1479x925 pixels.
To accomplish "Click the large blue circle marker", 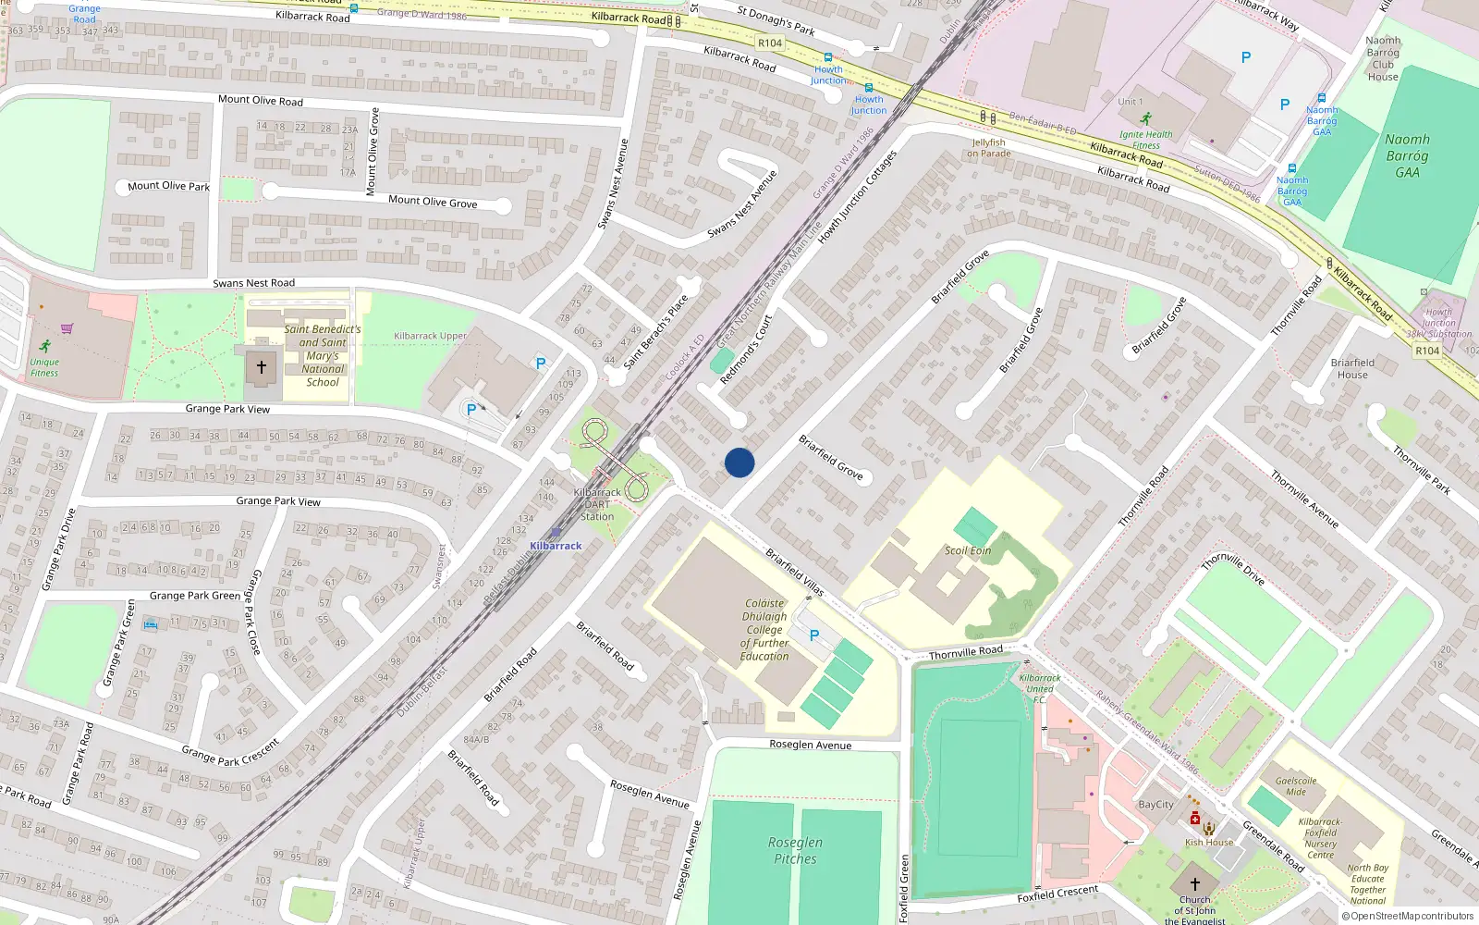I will [x=739, y=462].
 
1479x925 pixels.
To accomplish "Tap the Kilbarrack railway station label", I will [x=556, y=546].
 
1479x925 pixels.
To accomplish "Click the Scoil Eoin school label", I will [x=968, y=550].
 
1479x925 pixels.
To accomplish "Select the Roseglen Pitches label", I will [x=795, y=850].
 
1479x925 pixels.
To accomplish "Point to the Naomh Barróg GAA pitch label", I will [x=1407, y=155].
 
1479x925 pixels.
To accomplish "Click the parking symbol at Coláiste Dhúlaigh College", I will [x=814, y=635].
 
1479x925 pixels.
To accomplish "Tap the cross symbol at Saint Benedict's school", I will [x=262, y=367].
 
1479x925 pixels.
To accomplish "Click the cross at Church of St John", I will [x=1194, y=883].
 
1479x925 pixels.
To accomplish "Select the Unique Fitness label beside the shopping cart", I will [x=43, y=367].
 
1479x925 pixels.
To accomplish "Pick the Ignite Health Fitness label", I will [x=1146, y=140].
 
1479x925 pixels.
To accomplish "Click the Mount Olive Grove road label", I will [x=433, y=202].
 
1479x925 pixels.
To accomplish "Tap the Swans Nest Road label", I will [x=253, y=283].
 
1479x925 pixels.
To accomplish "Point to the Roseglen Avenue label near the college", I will [x=811, y=745].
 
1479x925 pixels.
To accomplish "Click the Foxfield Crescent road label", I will [x=1057, y=894].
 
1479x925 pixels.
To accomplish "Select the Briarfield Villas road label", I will [x=794, y=573].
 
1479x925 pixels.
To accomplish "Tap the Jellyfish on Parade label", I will [x=988, y=148].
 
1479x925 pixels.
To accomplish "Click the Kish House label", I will [x=1209, y=843].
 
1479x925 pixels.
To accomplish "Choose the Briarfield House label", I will [x=1352, y=368].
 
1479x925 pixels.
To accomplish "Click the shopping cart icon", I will [x=67, y=328].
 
